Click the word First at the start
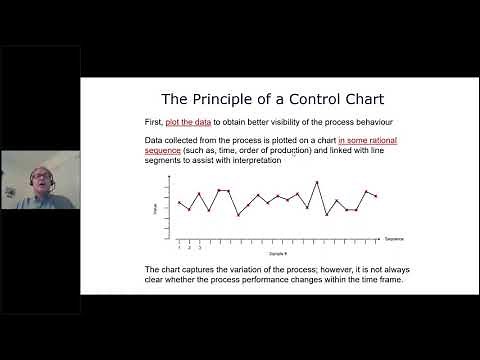click(154, 121)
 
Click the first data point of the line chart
click(179, 203)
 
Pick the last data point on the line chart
click(376, 197)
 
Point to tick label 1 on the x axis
click(179, 246)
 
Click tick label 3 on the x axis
click(199, 246)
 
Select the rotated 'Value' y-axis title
click(155, 209)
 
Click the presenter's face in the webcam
click(39, 184)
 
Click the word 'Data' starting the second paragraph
click(155, 141)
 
